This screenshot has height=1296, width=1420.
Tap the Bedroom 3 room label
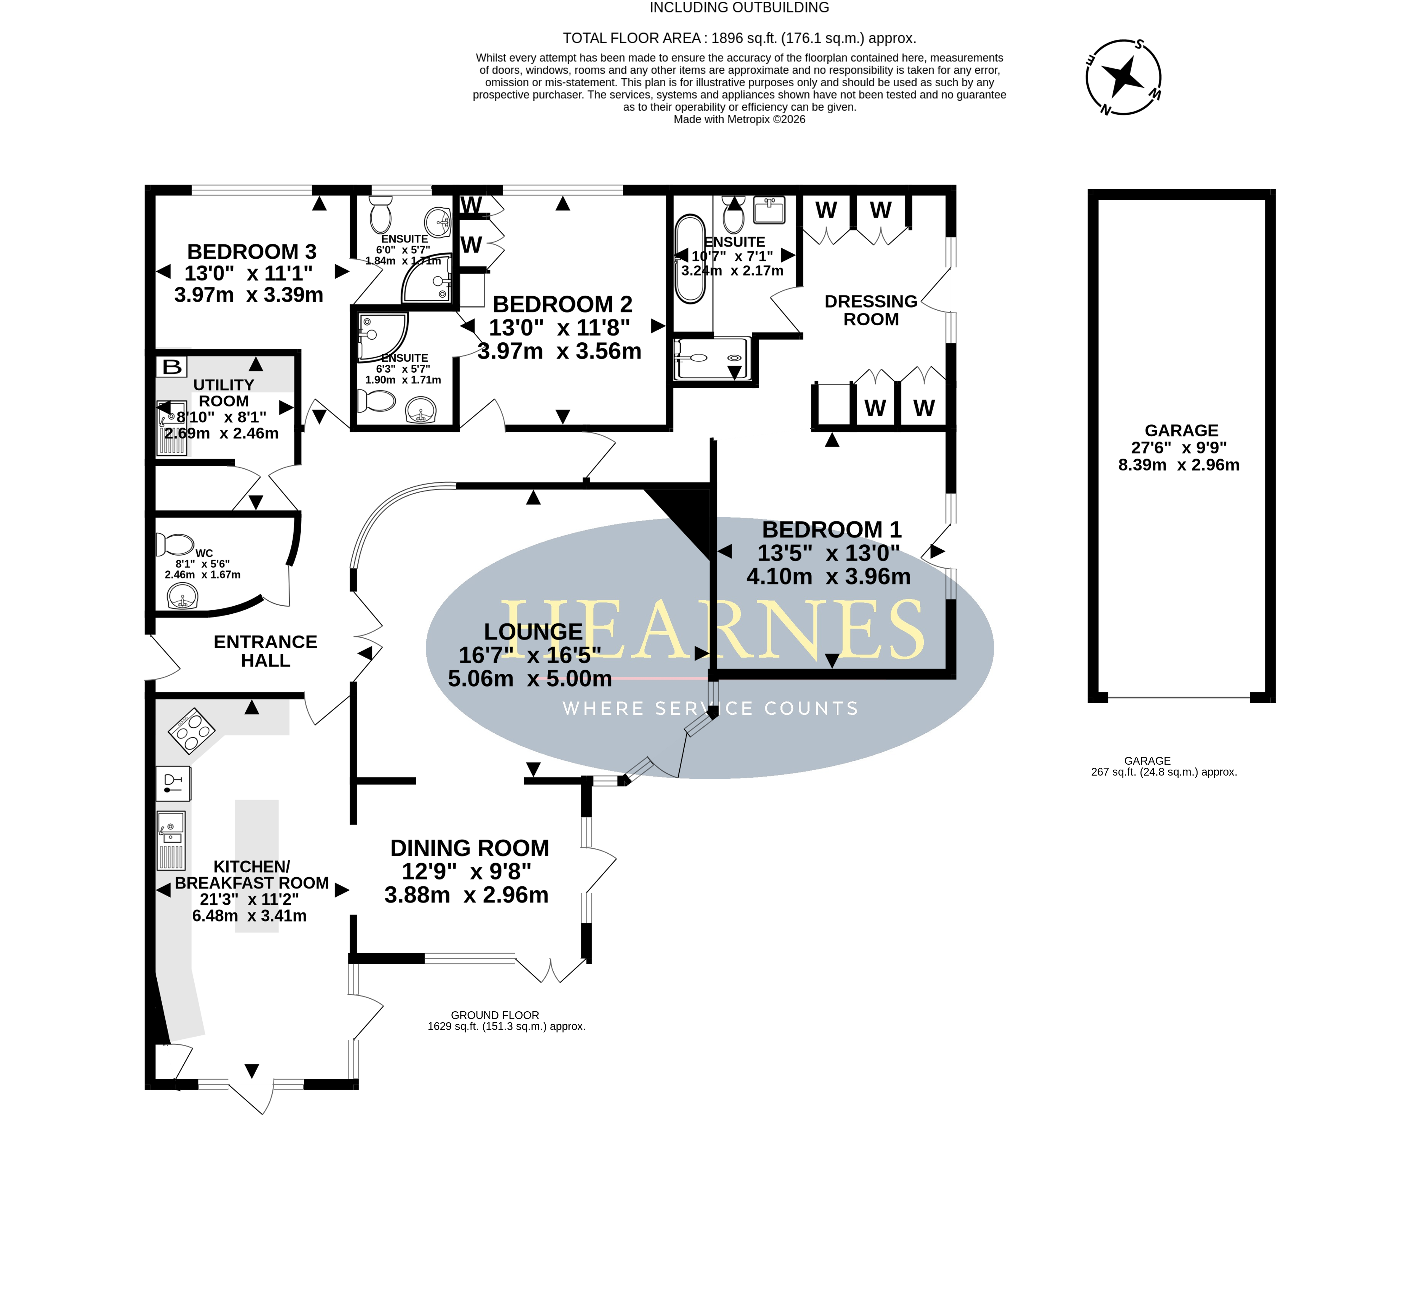point(251,251)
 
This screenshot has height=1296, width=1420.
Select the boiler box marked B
point(172,366)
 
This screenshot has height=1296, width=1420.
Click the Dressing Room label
point(871,310)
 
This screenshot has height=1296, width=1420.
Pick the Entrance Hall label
point(265,651)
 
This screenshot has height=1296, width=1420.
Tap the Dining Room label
point(470,848)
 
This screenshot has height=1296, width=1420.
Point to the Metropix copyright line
point(740,120)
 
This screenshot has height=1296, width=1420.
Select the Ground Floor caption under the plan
point(495,1015)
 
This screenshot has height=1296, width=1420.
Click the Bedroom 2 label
point(563,304)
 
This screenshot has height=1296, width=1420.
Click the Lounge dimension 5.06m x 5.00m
point(530,679)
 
